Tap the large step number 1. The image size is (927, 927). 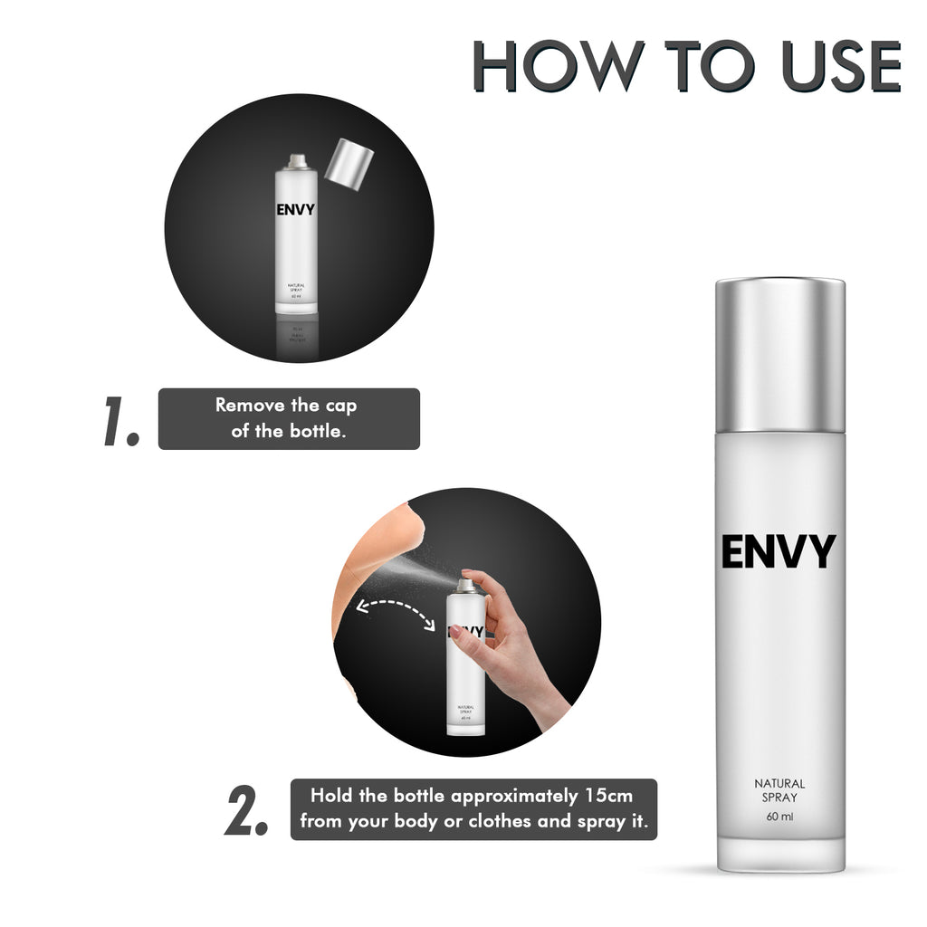click(121, 420)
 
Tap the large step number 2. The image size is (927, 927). click(246, 810)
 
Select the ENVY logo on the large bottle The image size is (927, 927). click(779, 552)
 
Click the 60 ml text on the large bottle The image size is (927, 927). click(779, 818)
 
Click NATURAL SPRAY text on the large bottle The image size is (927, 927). click(779, 790)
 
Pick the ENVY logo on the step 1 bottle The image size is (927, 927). click(296, 210)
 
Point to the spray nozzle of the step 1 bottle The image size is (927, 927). click(296, 161)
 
